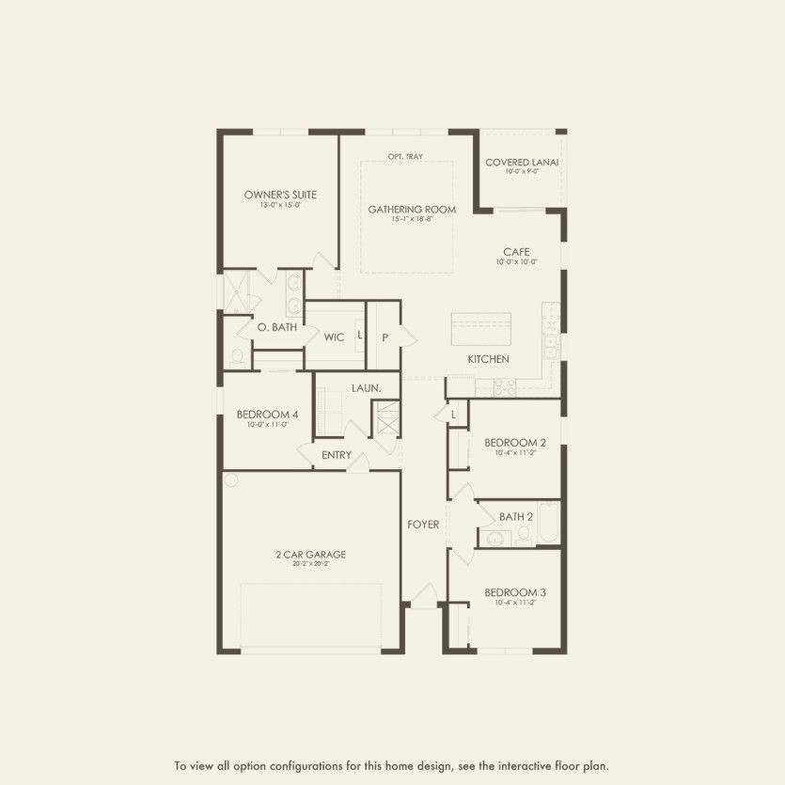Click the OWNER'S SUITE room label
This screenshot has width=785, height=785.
tap(280, 195)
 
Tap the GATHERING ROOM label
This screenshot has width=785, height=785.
tap(412, 209)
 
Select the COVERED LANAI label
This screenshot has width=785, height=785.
tap(522, 163)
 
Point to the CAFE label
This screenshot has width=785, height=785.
tap(516, 251)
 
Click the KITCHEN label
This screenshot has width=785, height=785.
tap(489, 359)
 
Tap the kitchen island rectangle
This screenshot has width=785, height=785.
tap(480, 329)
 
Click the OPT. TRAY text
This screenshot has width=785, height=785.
tap(405, 156)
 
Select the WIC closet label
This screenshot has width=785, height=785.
tap(334, 337)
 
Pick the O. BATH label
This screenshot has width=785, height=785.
tap(278, 327)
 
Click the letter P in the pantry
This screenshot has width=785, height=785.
tap(385, 337)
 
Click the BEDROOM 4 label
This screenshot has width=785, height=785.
tap(268, 414)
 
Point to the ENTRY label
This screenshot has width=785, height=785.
tap(337, 455)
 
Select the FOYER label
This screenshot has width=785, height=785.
tap(423, 524)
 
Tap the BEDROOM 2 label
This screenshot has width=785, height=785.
tap(515, 442)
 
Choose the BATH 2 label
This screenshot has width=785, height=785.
tap(516, 516)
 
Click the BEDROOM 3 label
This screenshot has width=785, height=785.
tap(515, 591)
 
